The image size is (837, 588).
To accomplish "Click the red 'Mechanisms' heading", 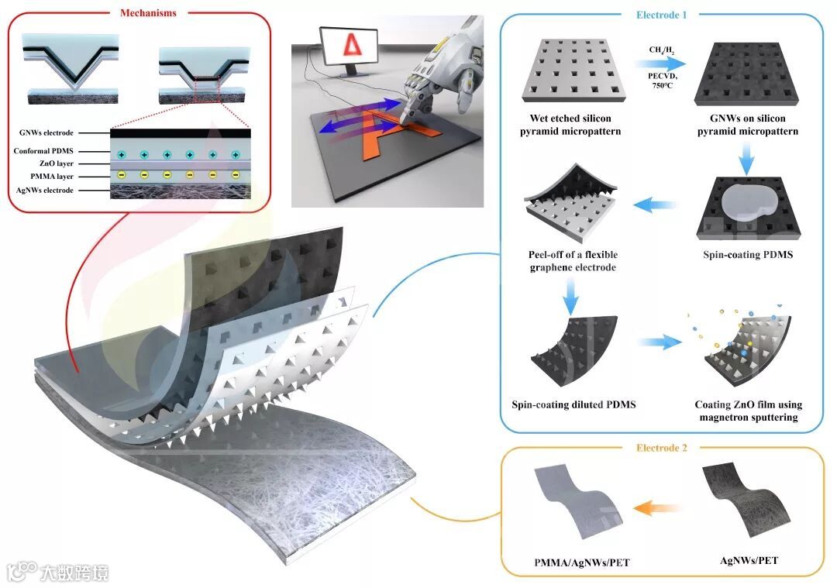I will (x=148, y=13).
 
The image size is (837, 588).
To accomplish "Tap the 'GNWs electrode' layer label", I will (x=46, y=133).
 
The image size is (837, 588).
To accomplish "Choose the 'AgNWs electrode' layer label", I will (x=46, y=191).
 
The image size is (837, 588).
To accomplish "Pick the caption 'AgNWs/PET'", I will (x=749, y=559).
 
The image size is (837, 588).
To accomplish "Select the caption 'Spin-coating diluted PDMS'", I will (x=573, y=404).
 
